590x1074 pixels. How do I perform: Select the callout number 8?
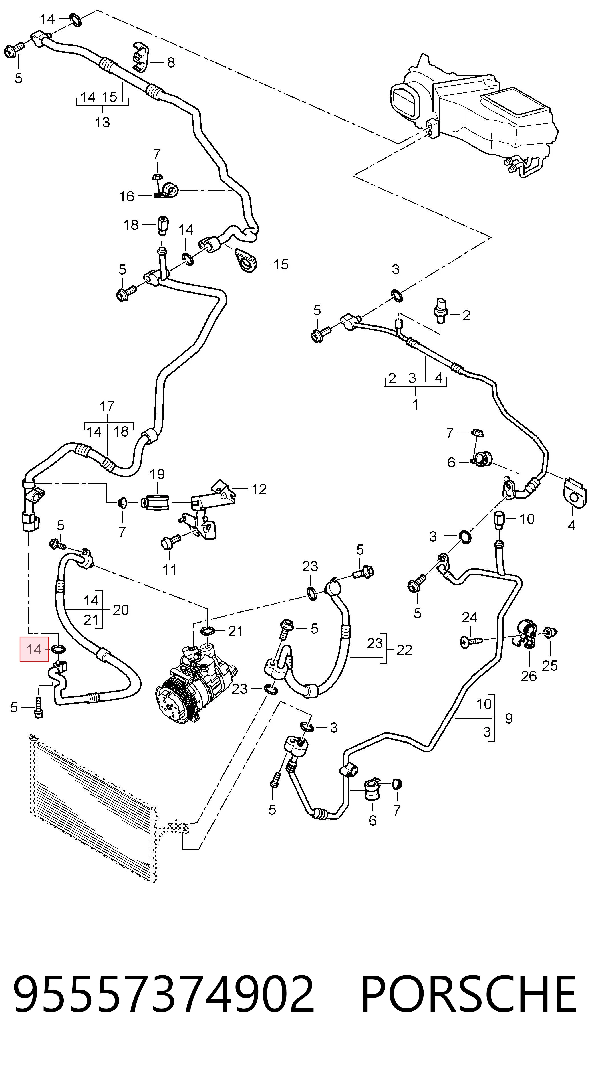[x=171, y=62]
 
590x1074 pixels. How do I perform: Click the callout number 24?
[x=470, y=617]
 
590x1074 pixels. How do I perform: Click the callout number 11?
[x=169, y=569]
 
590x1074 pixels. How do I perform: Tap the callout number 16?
[x=126, y=196]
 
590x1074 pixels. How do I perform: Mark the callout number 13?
[x=102, y=123]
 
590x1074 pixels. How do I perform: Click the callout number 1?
[x=415, y=404]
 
